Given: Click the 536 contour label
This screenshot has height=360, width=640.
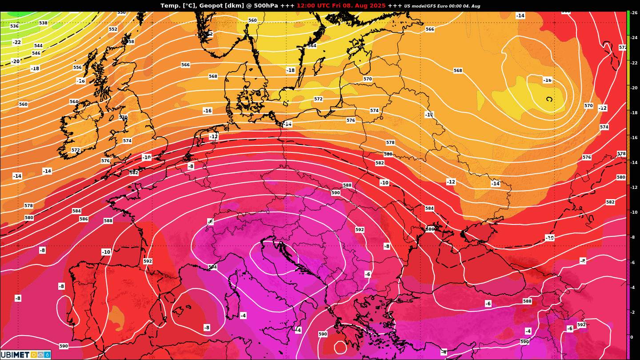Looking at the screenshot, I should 14,26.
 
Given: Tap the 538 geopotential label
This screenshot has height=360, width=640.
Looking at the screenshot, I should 43,23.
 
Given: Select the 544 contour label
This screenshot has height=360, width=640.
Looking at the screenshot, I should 38,46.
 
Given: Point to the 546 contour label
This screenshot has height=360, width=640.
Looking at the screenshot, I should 36,53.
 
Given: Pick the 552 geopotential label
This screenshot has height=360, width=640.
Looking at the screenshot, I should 113,29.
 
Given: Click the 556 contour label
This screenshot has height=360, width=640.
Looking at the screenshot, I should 77,68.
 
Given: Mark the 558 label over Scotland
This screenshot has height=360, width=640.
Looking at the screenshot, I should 130,42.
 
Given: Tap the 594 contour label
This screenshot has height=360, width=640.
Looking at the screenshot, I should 212,267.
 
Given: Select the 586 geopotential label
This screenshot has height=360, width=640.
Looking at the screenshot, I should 84,219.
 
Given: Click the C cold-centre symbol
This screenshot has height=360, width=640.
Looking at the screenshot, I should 549,99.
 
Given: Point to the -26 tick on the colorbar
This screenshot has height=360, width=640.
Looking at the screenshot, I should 634,13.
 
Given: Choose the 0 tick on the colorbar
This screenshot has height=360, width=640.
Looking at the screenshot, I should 632,337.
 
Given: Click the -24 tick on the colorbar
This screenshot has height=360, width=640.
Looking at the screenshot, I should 634,38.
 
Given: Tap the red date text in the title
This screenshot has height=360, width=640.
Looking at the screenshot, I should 341,6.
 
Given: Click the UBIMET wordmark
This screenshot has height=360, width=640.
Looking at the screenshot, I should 14,355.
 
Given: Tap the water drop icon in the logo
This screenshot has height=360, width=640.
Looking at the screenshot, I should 47,355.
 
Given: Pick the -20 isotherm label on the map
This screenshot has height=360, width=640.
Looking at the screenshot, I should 16,61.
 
